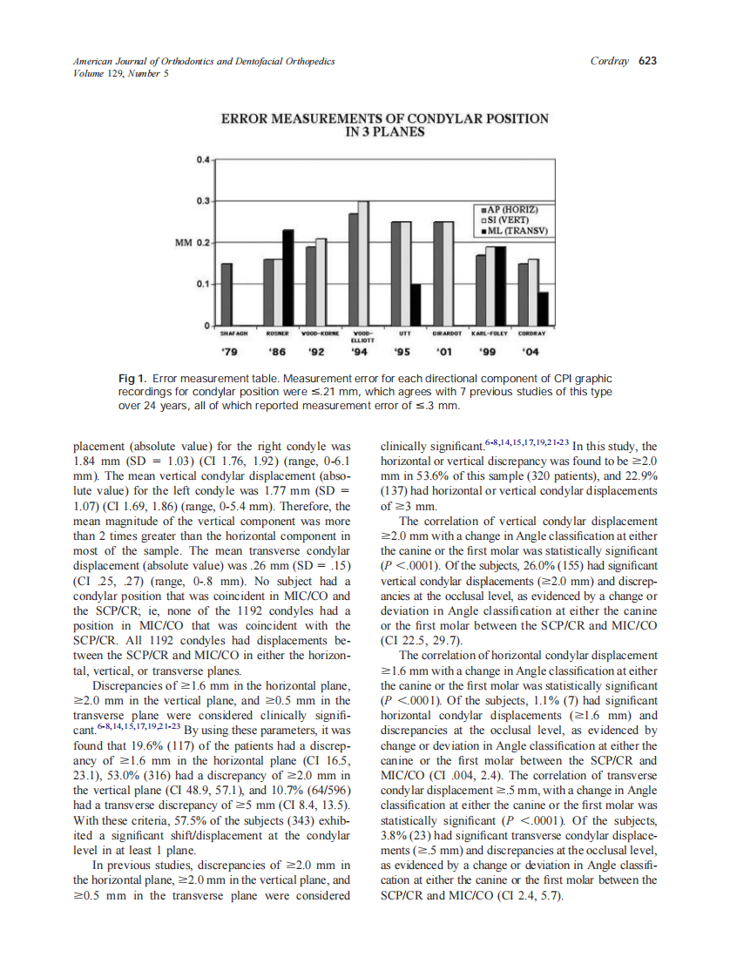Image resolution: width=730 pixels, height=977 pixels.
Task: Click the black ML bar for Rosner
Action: click(x=287, y=277)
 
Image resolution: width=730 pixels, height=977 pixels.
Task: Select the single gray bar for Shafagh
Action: click(x=226, y=293)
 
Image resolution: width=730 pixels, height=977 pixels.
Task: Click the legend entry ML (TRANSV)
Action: click(x=514, y=231)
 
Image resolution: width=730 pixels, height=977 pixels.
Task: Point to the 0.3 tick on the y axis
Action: click(x=203, y=201)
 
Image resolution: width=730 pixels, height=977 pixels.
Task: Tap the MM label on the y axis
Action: click(x=183, y=241)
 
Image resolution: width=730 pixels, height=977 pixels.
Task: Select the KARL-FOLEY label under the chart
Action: click(x=488, y=333)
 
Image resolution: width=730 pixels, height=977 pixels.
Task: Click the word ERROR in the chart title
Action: click(x=246, y=118)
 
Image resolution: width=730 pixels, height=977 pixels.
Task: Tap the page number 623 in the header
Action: click(x=646, y=61)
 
